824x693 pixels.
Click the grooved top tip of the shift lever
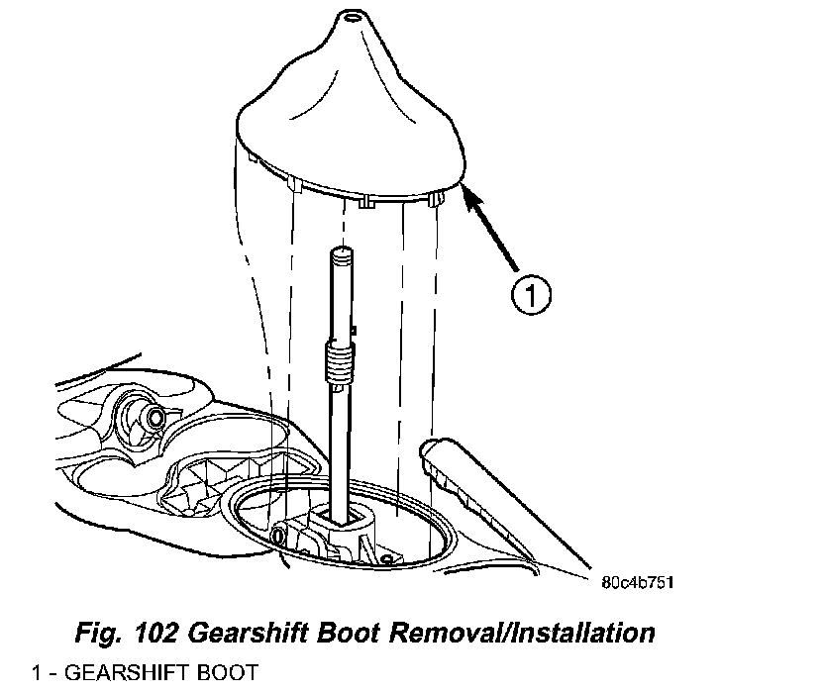click(343, 256)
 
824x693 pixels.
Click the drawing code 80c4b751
click(637, 581)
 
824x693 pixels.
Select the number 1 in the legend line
click(36, 673)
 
